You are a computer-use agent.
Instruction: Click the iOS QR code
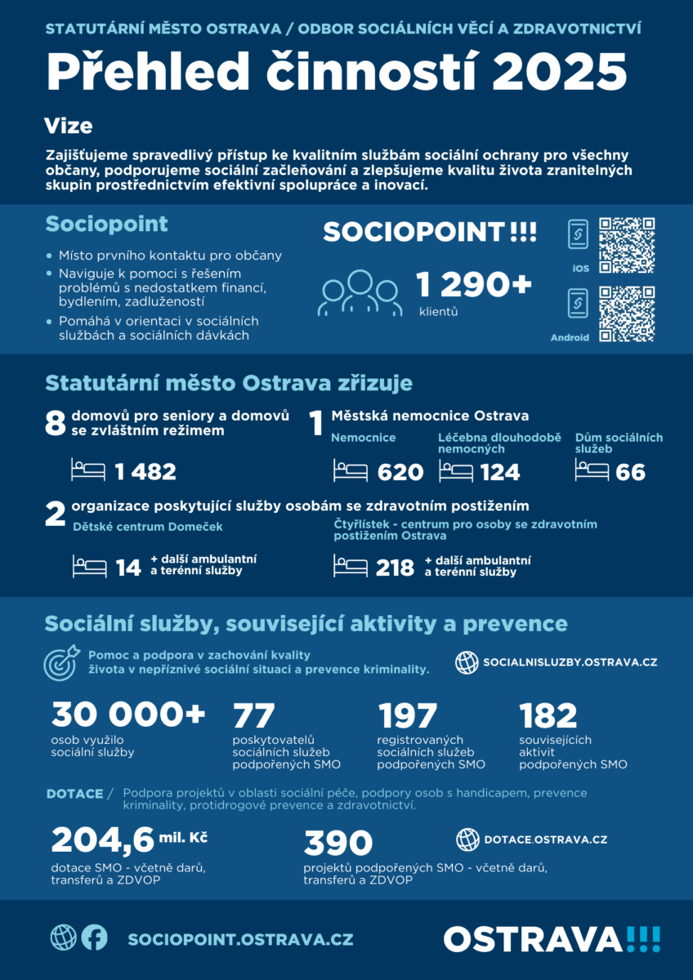tap(627, 245)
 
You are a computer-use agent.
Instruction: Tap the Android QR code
tap(627, 314)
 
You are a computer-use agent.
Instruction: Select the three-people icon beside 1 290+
tap(362, 292)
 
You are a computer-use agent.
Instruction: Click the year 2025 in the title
tap(558, 71)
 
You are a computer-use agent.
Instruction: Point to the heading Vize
tap(68, 127)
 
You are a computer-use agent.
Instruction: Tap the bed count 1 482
tap(145, 472)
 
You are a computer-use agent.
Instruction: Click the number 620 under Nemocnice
tap(400, 472)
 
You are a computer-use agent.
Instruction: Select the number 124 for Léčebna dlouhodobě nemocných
tap(499, 472)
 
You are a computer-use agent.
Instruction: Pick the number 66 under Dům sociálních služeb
tap(631, 472)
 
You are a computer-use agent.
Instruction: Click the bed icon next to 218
tap(351, 566)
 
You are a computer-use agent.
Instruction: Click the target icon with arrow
tap(61, 662)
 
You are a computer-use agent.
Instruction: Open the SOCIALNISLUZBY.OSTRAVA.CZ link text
tap(570, 661)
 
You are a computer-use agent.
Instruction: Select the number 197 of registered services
tap(408, 716)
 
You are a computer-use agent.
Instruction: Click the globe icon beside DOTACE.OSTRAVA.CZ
tap(467, 839)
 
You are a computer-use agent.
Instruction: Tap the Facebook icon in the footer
tap(94, 938)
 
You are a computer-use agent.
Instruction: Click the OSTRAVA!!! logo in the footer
tap(552, 938)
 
